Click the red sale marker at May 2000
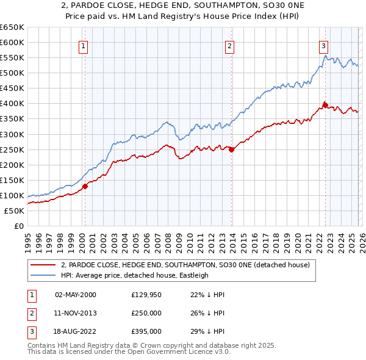(85, 186)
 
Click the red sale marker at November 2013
(231, 149)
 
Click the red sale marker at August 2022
(325, 105)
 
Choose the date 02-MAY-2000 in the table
(75, 295)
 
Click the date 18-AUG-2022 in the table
(75, 331)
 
